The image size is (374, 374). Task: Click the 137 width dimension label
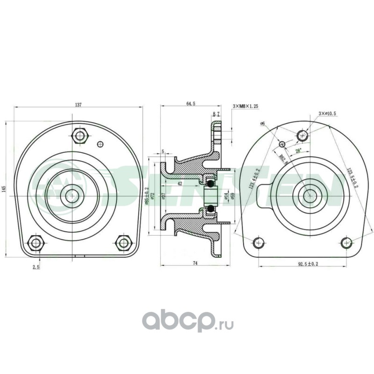(78, 105)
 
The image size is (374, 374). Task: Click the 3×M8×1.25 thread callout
(245, 107)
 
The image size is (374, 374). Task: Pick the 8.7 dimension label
(216, 114)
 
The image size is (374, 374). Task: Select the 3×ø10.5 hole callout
(327, 114)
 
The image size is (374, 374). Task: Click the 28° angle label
(299, 151)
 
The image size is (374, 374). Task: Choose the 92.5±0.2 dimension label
(308, 264)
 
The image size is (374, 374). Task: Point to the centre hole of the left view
(72, 195)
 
